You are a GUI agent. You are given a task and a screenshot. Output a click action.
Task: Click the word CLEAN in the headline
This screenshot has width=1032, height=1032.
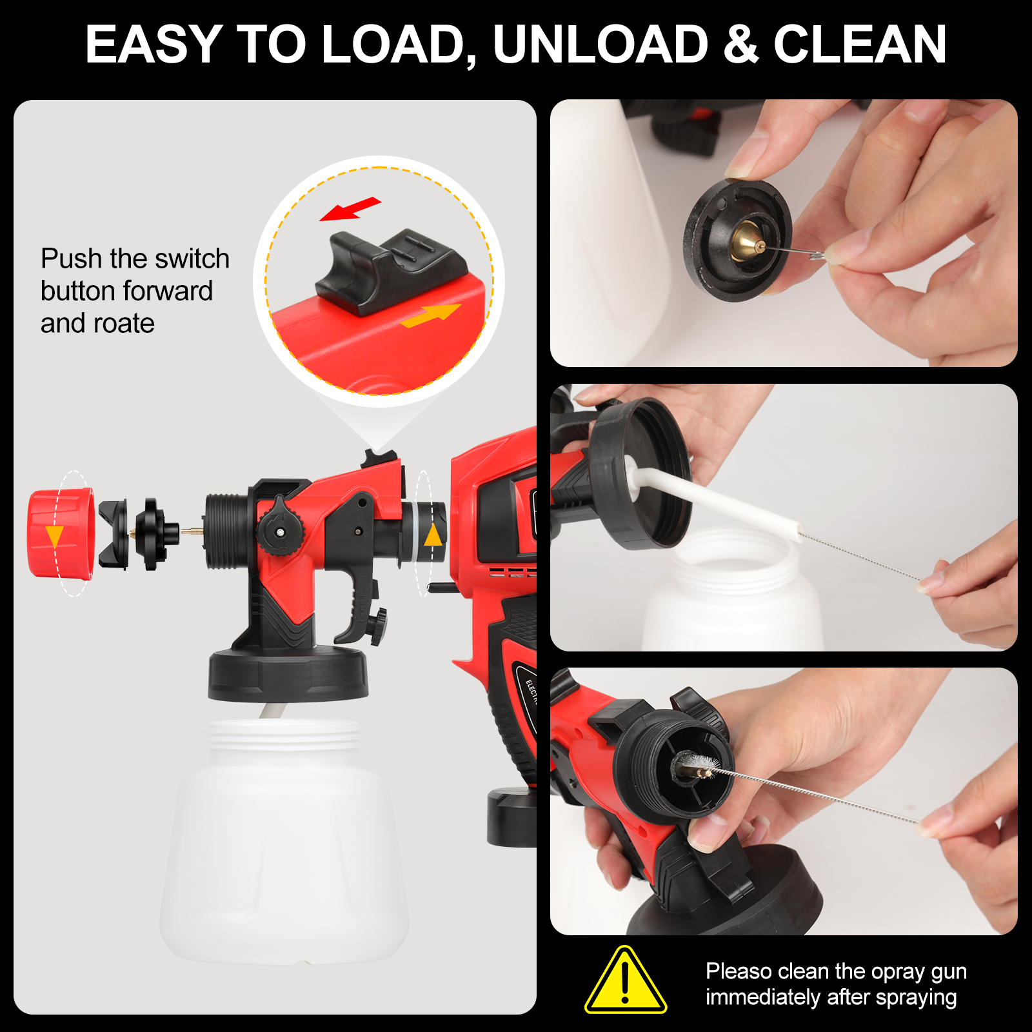click(860, 45)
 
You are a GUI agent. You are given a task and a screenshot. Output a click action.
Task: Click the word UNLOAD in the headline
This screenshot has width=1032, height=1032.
click(600, 45)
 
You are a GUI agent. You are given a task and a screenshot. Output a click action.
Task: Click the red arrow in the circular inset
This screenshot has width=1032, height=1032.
click(350, 209)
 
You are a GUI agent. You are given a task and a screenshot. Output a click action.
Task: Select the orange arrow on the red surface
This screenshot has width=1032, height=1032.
click(430, 315)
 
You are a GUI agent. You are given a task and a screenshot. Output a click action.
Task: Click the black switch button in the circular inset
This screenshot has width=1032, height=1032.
click(391, 271)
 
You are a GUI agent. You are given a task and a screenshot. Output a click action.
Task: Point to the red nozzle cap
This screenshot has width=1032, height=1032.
click(61, 533)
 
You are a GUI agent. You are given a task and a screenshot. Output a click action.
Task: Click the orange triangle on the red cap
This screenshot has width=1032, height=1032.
click(54, 536)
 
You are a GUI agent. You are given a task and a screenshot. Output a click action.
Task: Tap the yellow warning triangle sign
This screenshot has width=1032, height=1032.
click(625, 980)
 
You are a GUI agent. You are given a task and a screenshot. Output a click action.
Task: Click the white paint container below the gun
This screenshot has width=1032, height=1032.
click(284, 842)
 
